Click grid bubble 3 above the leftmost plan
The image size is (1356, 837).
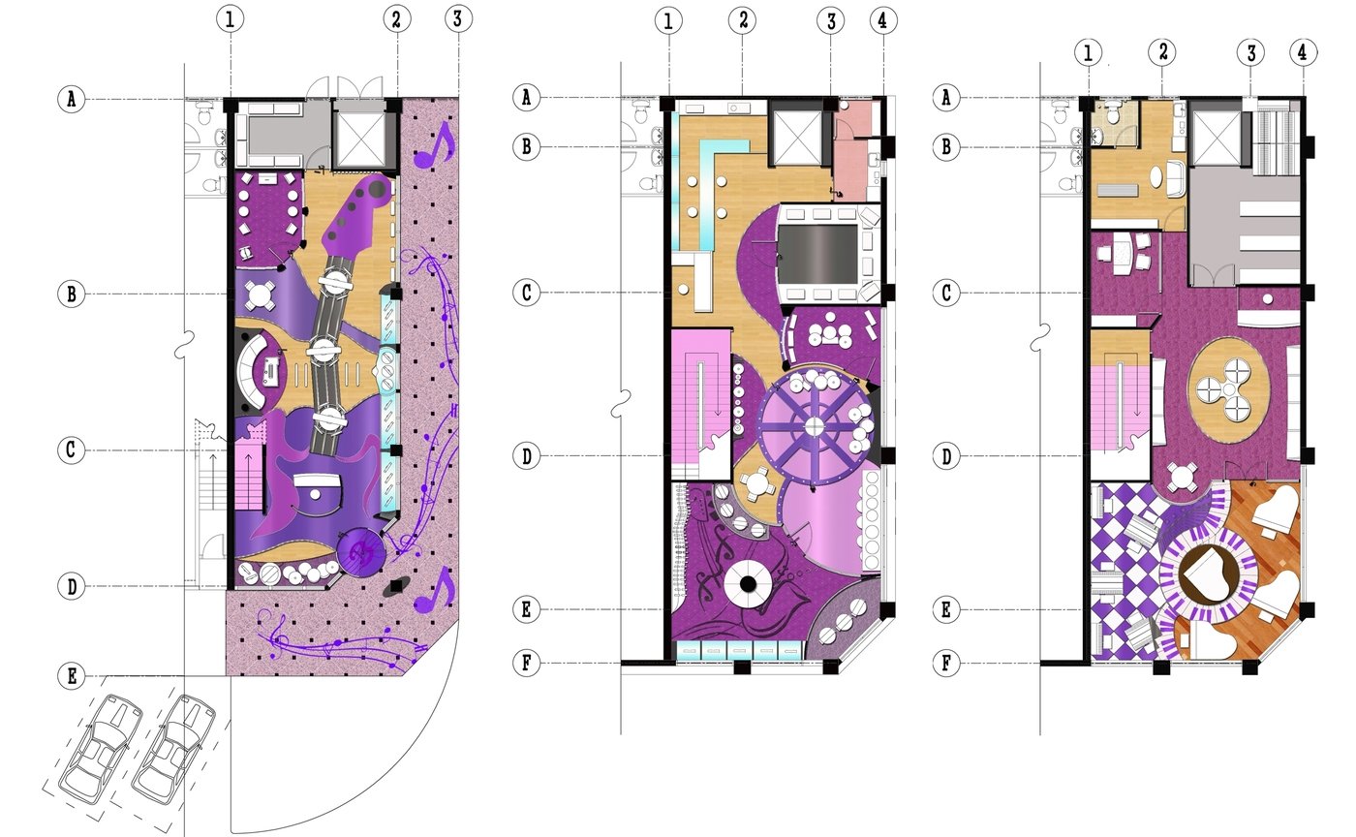pyautogui.click(x=457, y=18)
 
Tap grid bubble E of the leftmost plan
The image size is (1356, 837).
pyautogui.click(x=72, y=676)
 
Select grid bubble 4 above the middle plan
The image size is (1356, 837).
pyautogui.click(x=883, y=20)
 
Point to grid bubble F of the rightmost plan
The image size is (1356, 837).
pyautogui.click(x=946, y=664)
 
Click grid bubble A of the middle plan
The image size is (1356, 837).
pyautogui.click(x=526, y=97)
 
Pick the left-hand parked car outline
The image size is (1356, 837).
pyautogui.click(x=100, y=749)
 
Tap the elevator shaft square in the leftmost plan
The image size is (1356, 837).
pyautogui.click(x=360, y=139)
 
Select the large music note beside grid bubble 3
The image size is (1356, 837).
pyautogui.click(x=434, y=145)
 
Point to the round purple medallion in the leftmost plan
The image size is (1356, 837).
pyautogui.click(x=361, y=552)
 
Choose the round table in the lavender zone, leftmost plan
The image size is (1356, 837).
pyautogui.click(x=261, y=294)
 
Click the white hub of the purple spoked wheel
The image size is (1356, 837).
pyautogui.click(x=815, y=426)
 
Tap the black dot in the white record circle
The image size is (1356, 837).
pyautogui.click(x=748, y=584)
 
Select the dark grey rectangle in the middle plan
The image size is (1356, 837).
pyautogui.click(x=817, y=255)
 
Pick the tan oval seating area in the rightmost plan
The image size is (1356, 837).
pyautogui.click(x=1228, y=390)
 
